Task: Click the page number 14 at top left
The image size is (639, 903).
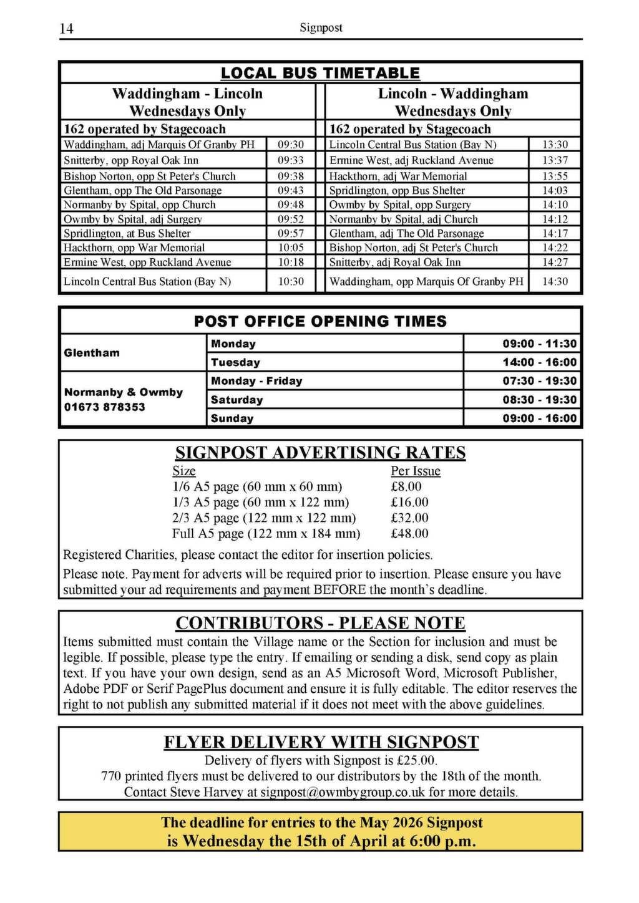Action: [x=66, y=29]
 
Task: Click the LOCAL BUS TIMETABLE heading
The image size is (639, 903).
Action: [x=320, y=73]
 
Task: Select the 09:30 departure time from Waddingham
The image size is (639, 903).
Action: [x=291, y=145]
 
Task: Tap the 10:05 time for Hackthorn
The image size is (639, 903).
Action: [x=291, y=248]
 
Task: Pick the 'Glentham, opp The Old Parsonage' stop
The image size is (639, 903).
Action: [x=142, y=191]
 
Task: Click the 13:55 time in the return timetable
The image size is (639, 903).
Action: [x=555, y=176]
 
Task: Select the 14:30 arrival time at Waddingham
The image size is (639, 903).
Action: [x=555, y=281]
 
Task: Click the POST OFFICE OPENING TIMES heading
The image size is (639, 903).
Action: [x=320, y=321]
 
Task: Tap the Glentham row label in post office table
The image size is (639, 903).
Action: [x=92, y=353]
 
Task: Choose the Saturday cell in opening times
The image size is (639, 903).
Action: [x=237, y=400]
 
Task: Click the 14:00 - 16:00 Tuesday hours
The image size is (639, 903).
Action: [x=540, y=362]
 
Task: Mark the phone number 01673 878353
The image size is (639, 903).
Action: [x=104, y=407]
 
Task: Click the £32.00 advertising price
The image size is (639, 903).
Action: [x=409, y=518]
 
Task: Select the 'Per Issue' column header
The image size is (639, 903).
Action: [x=416, y=471]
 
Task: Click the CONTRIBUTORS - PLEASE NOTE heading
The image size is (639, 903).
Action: [x=320, y=623]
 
